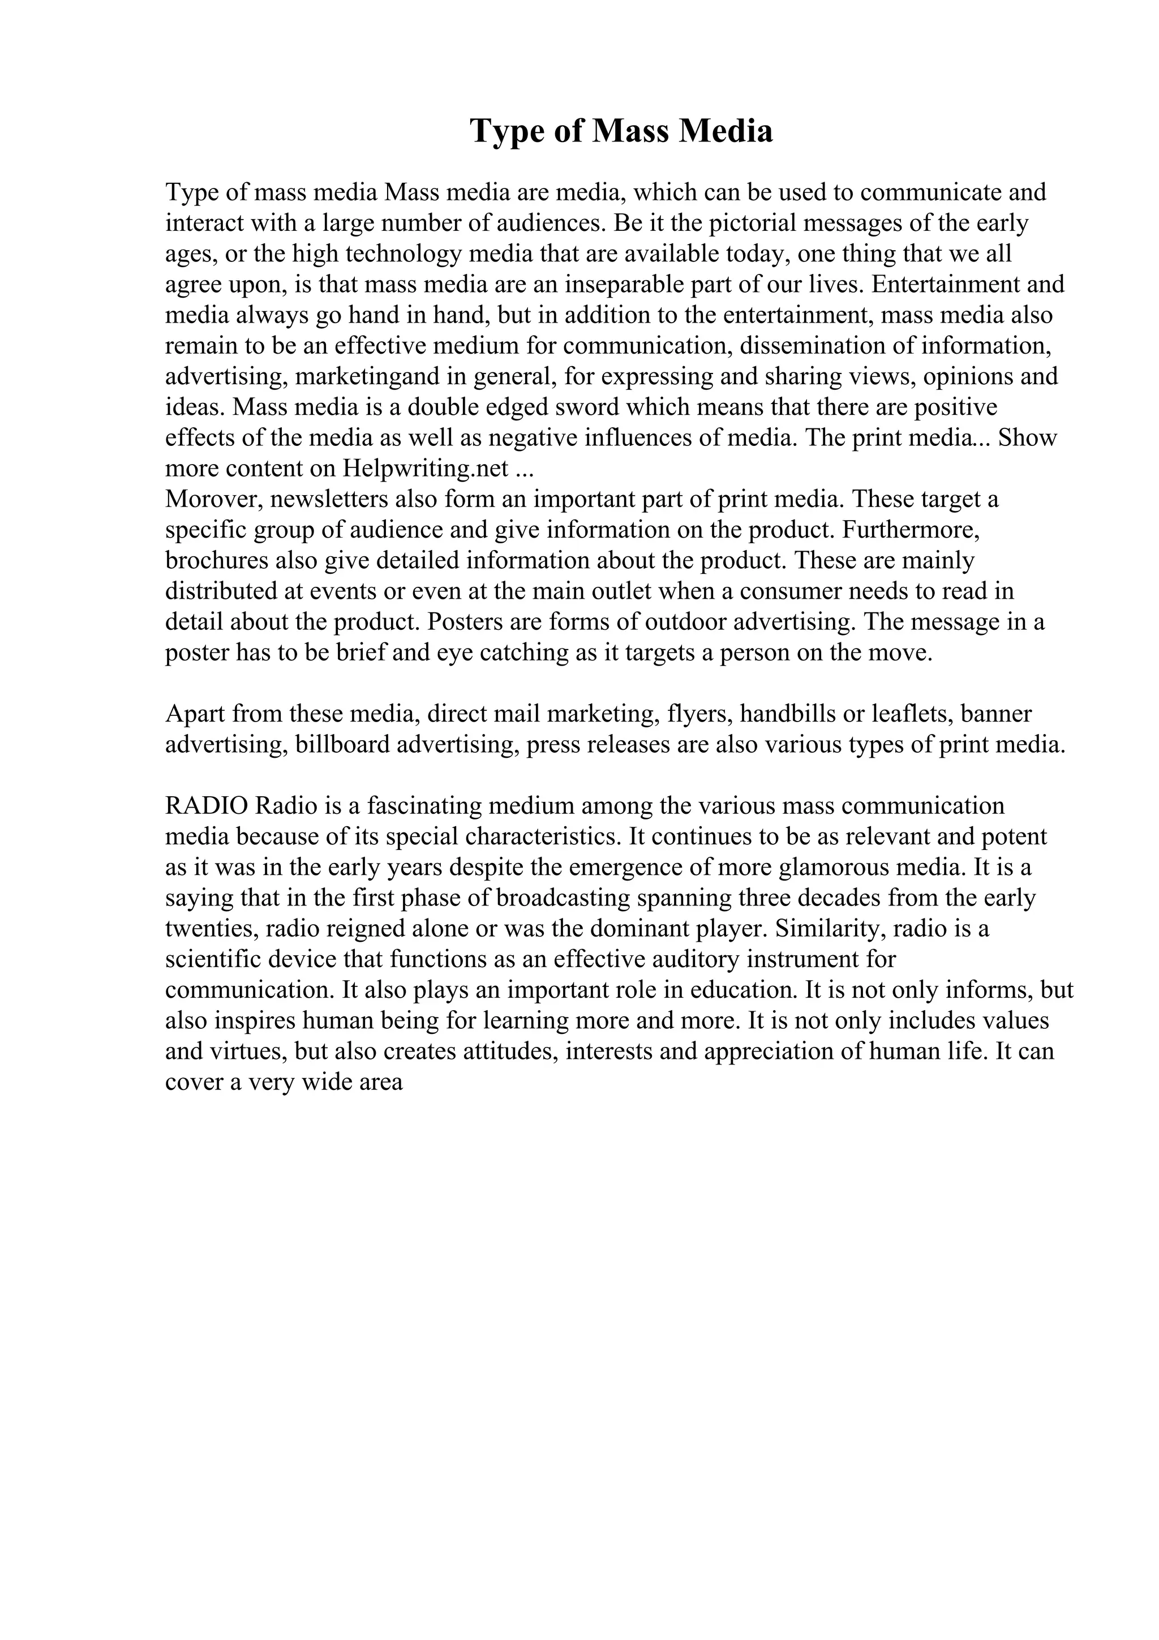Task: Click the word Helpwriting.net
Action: (x=426, y=469)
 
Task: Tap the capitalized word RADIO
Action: (x=207, y=806)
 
